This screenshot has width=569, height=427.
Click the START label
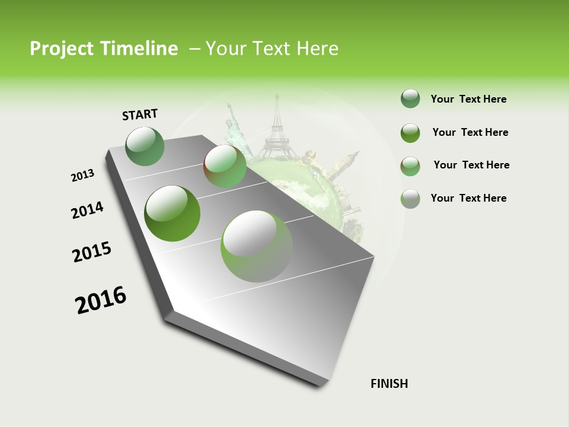pos(140,114)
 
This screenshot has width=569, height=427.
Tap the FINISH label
pos(389,384)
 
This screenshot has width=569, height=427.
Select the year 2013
pos(82,176)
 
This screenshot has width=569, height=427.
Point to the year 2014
pos(87,210)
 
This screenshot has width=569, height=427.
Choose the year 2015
pos(92,252)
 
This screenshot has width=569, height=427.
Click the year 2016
pos(101,299)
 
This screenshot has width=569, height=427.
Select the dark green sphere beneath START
pos(145,146)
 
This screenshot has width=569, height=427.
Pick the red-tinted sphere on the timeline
pos(225,166)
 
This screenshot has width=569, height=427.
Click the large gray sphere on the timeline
pos(257,246)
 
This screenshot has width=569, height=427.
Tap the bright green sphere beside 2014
pos(172,213)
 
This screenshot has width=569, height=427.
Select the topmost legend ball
pos(410,99)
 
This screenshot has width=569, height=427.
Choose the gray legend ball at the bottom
pos(410,199)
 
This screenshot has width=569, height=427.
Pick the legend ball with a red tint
pos(410,166)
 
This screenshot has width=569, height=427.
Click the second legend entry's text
pos(470,132)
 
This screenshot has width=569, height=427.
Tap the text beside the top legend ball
pos(468,99)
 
